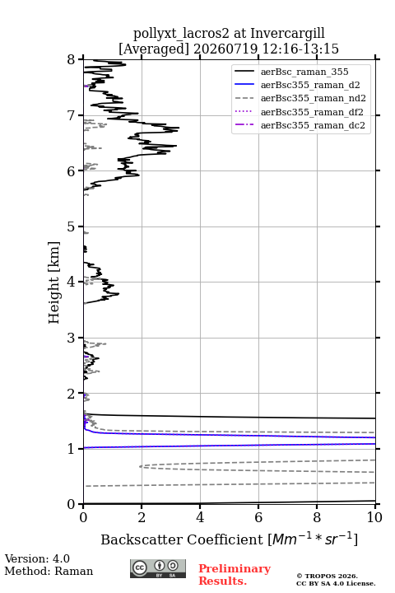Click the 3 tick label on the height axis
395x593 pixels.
[71, 338]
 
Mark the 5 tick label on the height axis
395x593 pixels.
[71, 226]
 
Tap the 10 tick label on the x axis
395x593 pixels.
[374, 517]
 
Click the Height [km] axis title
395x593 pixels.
[54, 282]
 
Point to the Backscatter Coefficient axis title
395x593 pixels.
[229, 539]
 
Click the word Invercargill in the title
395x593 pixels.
[288, 33]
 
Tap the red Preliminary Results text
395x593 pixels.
[235, 575]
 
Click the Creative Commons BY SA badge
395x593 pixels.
[158, 568]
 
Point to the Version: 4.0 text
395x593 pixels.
[37, 558]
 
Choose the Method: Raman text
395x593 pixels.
[49, 571]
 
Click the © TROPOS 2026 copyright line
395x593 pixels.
[328, 576]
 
